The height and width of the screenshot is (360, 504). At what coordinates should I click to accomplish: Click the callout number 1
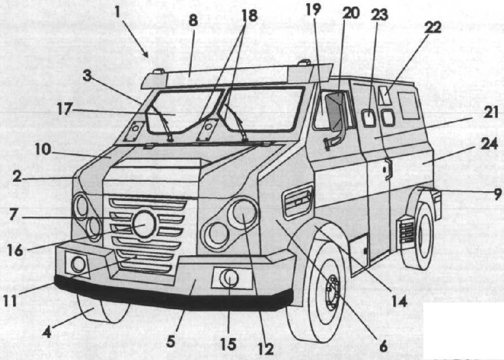pos(117,12)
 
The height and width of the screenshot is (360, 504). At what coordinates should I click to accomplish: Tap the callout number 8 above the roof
pos(193,21)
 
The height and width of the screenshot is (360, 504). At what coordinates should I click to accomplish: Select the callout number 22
pos(432,28)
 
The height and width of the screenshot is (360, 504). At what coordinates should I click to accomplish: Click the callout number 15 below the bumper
pos(229,345)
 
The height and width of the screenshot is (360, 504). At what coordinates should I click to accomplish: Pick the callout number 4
pos(47,332)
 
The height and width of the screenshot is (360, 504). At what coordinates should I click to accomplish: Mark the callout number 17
pos(64,109)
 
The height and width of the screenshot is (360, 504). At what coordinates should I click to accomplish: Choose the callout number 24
pos(489,144)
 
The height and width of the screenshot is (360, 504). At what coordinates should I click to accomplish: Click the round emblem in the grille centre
pos(144,225)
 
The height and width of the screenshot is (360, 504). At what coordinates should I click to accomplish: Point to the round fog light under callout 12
pos(230,278)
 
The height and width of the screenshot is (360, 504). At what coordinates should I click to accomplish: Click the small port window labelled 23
pos(369,117)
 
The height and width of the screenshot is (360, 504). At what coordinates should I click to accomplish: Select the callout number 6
pos(383,346)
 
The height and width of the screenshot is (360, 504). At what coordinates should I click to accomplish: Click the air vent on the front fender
pos(297,201)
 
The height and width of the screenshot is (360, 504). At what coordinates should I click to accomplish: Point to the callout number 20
pos(351,13)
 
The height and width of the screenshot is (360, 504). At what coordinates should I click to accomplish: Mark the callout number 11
pos(10,301)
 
